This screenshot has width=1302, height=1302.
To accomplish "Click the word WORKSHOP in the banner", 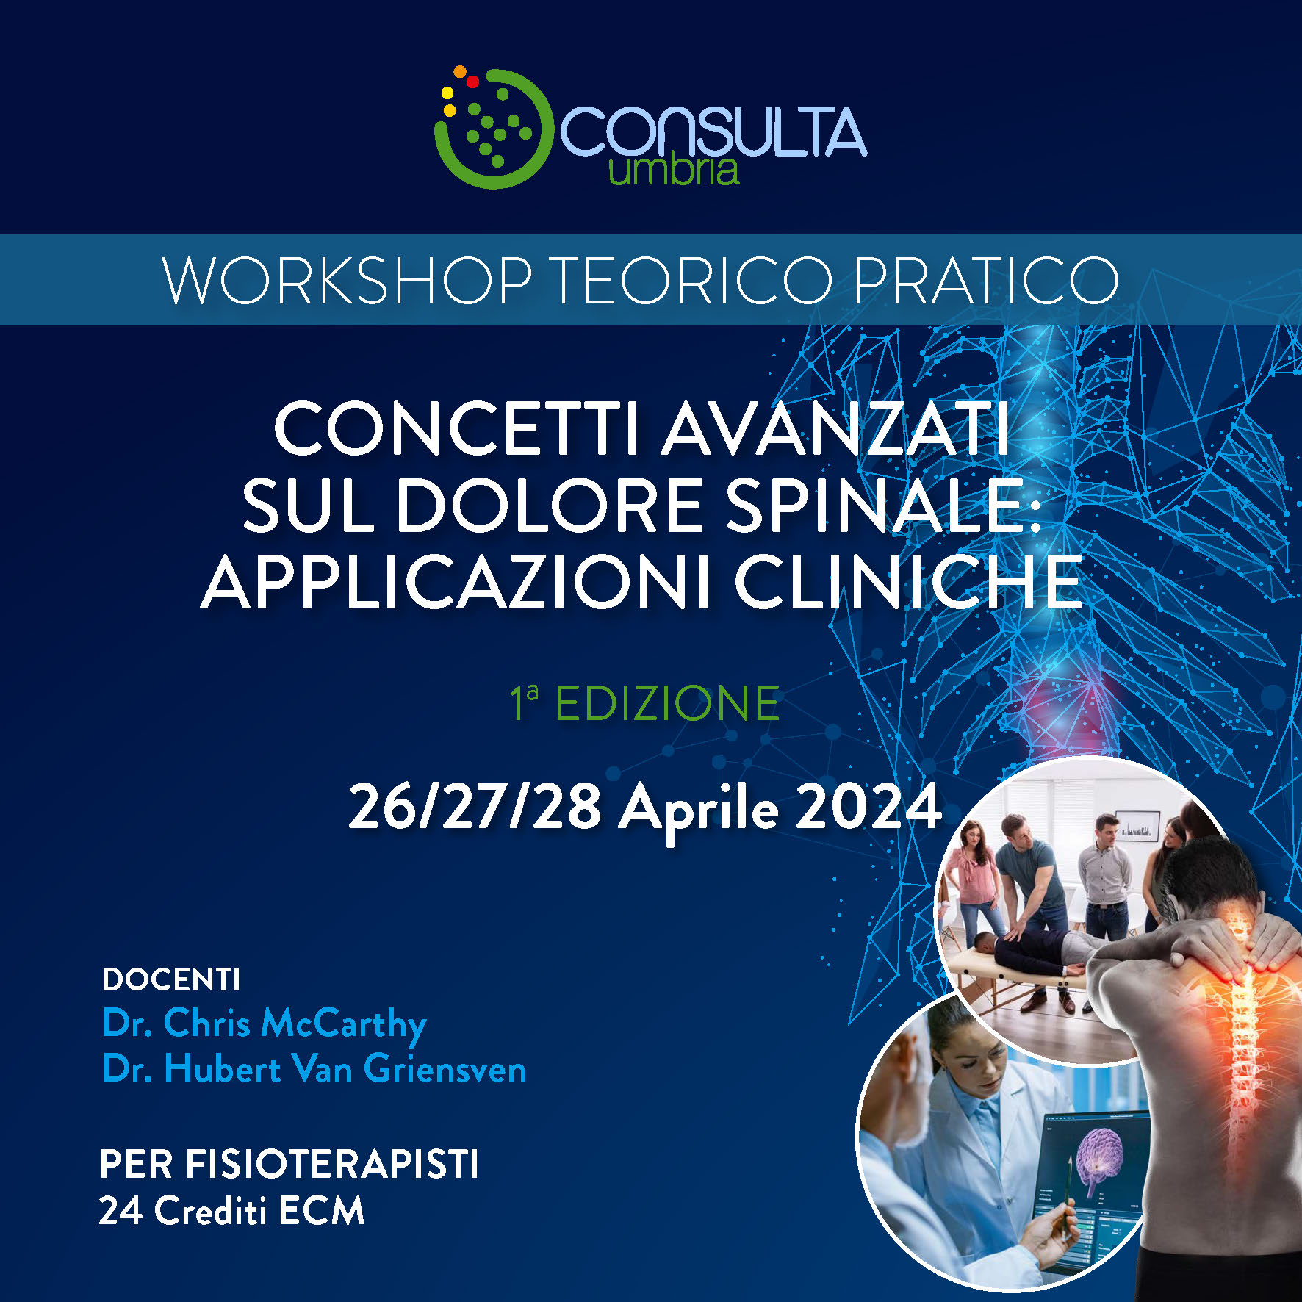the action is tap(346, 281).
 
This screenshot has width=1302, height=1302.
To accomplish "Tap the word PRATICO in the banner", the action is tap(987, 281).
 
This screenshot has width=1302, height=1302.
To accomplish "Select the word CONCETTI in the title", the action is tap(457, 429).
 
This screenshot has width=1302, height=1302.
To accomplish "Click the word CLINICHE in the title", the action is tap(908, 583).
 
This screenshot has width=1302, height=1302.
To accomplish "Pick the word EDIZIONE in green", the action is tap(666, 703).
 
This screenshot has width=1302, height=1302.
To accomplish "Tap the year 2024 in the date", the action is tap(868, 807).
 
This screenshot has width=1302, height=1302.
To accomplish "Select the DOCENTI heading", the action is tap(171, 979).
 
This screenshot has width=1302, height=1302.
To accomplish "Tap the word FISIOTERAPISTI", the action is tap(331, 1165).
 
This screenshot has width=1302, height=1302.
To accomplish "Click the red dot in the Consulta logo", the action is tap(472, 81).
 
